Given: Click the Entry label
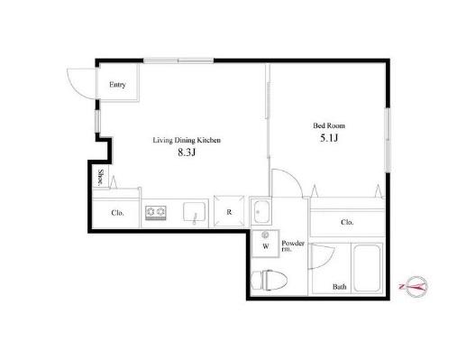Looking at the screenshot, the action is tap(117, 85).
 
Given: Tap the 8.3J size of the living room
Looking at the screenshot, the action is tap(187, 152).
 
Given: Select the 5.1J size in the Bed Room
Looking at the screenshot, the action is tap(329, 138).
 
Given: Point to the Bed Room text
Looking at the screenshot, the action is tap(329, 125).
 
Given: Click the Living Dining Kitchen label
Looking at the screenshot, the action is tap(187, 140).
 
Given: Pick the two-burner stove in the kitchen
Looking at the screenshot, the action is tap(156, 212).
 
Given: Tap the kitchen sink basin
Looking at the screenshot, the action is tap(195, 211).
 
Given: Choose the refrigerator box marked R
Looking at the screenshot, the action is tap(229, 211).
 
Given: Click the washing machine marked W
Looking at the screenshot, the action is tap(265, 244).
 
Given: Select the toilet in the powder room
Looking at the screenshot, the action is tap(269, 280).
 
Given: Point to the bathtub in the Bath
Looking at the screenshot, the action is tap(367, 268).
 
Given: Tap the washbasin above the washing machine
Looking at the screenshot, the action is tap(260, 212).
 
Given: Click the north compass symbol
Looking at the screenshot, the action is tap(416, 286).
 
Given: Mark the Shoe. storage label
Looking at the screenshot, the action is tap(101, 178).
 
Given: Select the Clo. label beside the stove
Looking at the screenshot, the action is tap(117, 213).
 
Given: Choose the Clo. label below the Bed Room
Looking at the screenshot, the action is tap(347, 222).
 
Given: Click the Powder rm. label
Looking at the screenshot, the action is tap(293, 245).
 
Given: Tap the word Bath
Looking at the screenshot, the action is tap(339, 287).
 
